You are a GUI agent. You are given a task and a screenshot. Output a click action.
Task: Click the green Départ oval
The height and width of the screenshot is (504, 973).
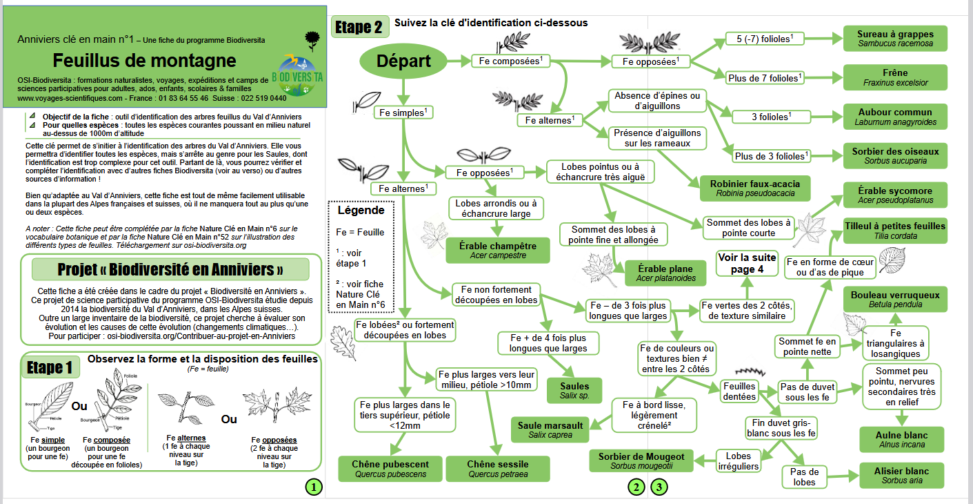[x=403, y=61]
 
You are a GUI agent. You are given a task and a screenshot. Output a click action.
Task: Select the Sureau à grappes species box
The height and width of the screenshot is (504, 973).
[x=895, y=39]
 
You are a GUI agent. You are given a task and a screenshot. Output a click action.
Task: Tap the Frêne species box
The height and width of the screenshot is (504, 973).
[x=895, y=77]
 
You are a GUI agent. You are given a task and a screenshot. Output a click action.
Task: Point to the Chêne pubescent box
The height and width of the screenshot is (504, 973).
[x=390, y=469]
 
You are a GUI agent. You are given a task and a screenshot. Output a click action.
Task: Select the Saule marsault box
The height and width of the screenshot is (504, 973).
[x=550, y=429]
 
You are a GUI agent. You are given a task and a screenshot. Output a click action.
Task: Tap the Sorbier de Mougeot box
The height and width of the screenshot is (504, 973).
[x=641, y=461]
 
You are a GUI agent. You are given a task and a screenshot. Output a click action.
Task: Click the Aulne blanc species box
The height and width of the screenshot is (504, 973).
[x=902, y=440]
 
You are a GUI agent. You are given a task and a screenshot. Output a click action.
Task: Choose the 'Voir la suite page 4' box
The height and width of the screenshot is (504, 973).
[x=747, y=263]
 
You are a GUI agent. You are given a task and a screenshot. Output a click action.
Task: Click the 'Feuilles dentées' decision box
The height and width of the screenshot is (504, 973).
[x=739, y=391]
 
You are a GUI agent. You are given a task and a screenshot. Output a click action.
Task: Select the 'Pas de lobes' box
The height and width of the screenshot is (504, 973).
[x=805, y=477]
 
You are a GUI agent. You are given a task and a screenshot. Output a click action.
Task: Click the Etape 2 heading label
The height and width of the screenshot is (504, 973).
[x=359, y=27]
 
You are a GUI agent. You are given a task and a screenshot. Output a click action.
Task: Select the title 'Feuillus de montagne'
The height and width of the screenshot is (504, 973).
[x=144, y=60]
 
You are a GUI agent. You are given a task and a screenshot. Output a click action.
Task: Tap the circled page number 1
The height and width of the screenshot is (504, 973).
[x=314, y=487]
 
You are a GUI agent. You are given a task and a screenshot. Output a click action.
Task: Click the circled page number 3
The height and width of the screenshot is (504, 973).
[x=659, y=487]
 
